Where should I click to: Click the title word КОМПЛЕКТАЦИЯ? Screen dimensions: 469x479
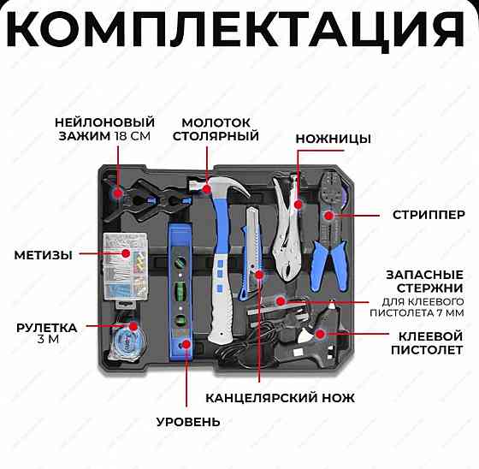(x=239, y=30)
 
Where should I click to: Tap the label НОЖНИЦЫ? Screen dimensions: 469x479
(x=333, y=139)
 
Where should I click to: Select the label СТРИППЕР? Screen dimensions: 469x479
(x=429, y=214)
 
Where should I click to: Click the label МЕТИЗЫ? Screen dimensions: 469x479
(x=43, y=254)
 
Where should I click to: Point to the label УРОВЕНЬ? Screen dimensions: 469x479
(x=187, y=421)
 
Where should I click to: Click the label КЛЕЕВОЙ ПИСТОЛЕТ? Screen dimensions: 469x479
(x=417, y=343)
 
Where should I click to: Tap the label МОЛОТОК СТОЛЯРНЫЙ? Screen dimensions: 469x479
(x=216, y=129)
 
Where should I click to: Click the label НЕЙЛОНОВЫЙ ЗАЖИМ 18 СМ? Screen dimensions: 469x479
(x=104, y=129)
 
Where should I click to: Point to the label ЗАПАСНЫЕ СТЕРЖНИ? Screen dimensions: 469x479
(x=424, y=280)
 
